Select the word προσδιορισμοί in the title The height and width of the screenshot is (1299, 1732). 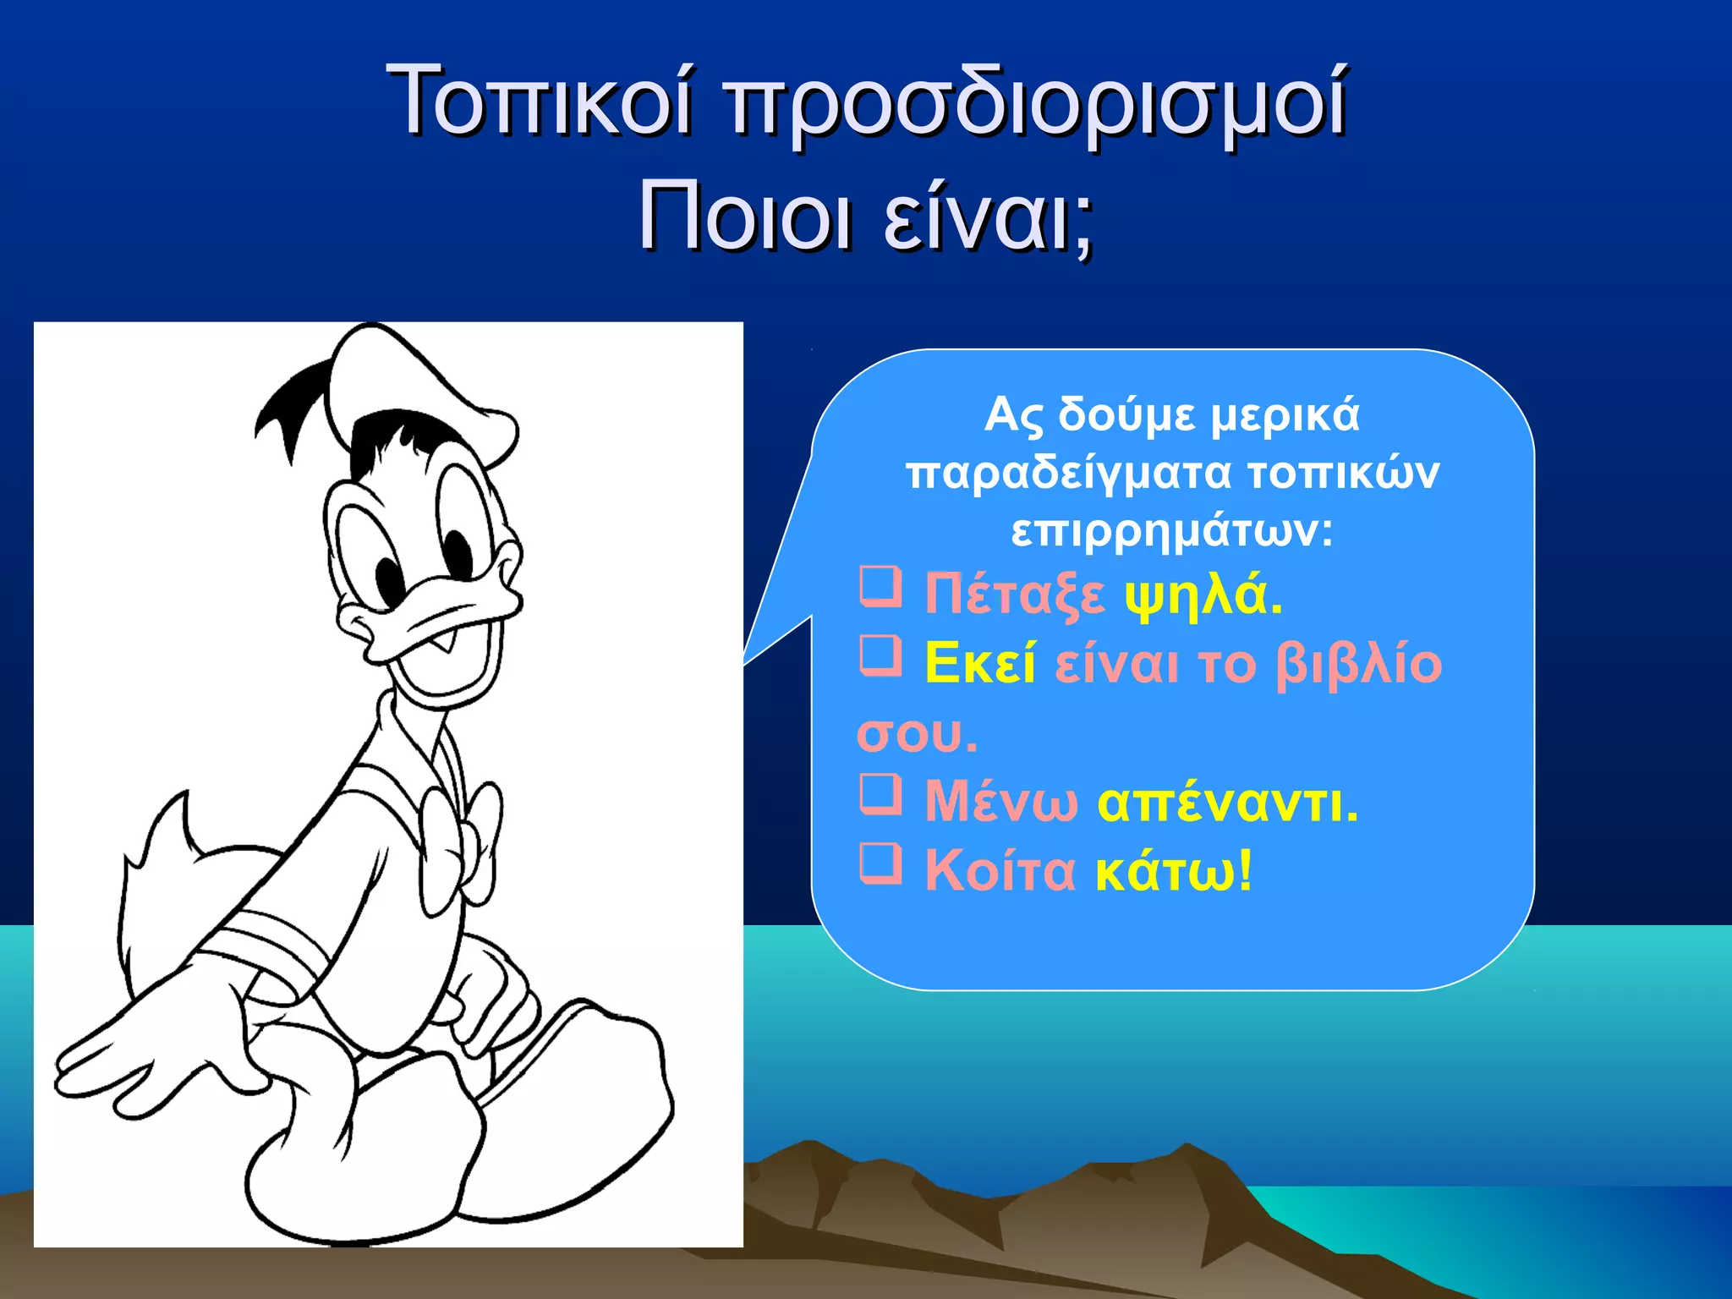tap(1037, 103)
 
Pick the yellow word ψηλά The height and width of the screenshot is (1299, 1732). tap(1203, 595)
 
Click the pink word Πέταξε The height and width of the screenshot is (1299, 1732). tap(1014, 594)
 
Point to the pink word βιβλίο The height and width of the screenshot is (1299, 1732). tap(1358, 664)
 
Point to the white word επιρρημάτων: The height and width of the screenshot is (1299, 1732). tap(1172, 531)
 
